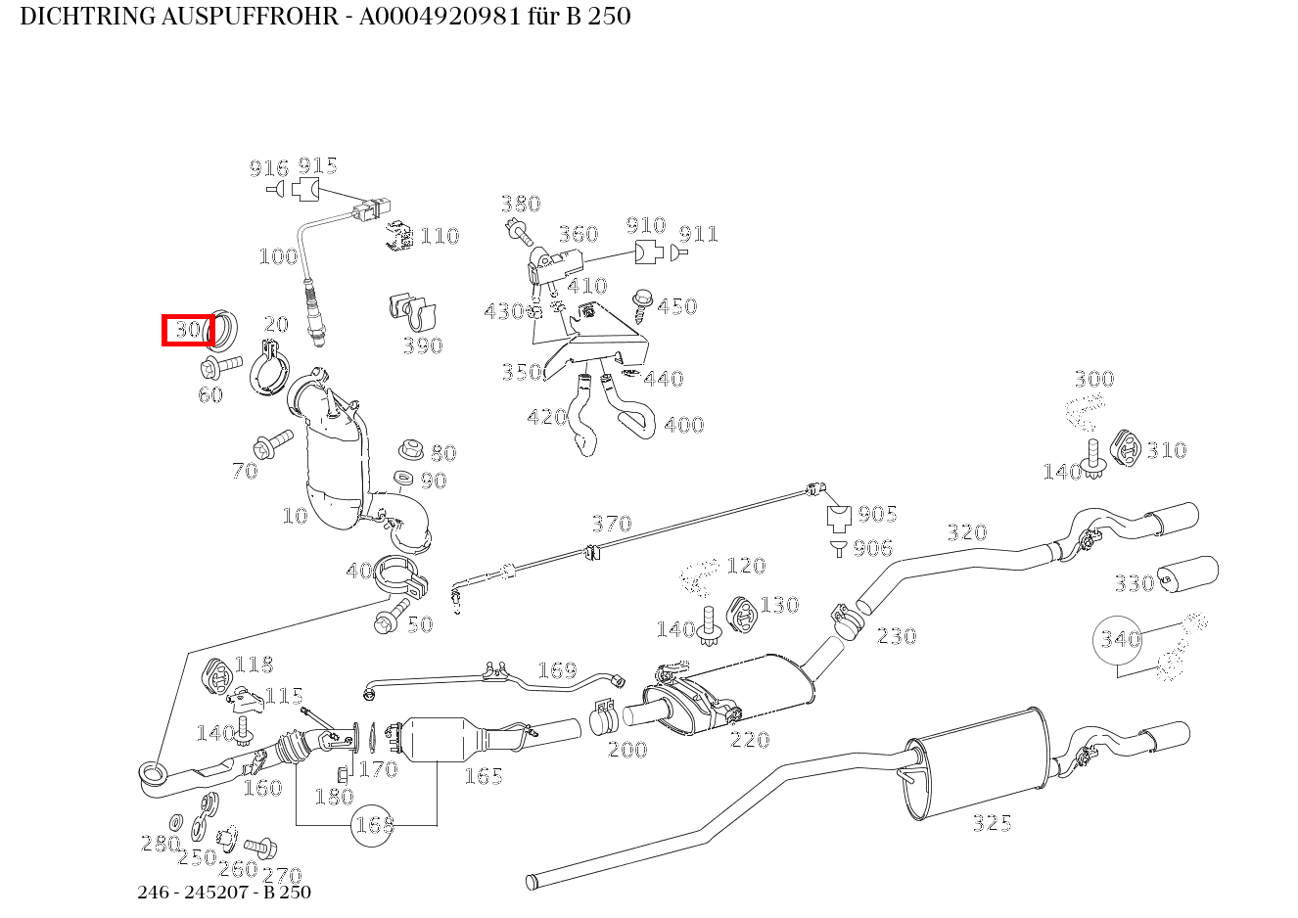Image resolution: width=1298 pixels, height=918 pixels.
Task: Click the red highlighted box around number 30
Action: (x=187, y=331)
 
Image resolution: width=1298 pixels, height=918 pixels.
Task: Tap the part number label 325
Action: (x=992, y=823)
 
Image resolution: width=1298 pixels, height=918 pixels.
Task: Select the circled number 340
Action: (x=1119, y=640)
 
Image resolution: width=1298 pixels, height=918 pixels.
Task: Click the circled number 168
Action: (x=374, y=825)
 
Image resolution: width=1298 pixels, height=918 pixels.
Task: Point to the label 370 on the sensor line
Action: (x=612, y=524)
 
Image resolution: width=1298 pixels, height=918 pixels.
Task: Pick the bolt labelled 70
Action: (x=272, y=444)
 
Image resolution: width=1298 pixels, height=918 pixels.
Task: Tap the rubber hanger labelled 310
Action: (x=1126, y=447)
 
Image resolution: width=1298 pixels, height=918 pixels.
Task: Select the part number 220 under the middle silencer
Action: (x=750, y=740)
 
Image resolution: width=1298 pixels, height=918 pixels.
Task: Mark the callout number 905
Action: (x=877, y=515)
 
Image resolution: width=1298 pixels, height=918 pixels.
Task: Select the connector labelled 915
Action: (x=305, y=188)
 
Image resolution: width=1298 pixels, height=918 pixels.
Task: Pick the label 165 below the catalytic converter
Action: (x=483, y=776)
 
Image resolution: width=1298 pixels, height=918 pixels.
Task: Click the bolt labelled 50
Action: (x=387, y=621)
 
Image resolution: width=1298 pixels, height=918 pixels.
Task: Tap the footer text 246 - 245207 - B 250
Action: (x=224, y=892)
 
